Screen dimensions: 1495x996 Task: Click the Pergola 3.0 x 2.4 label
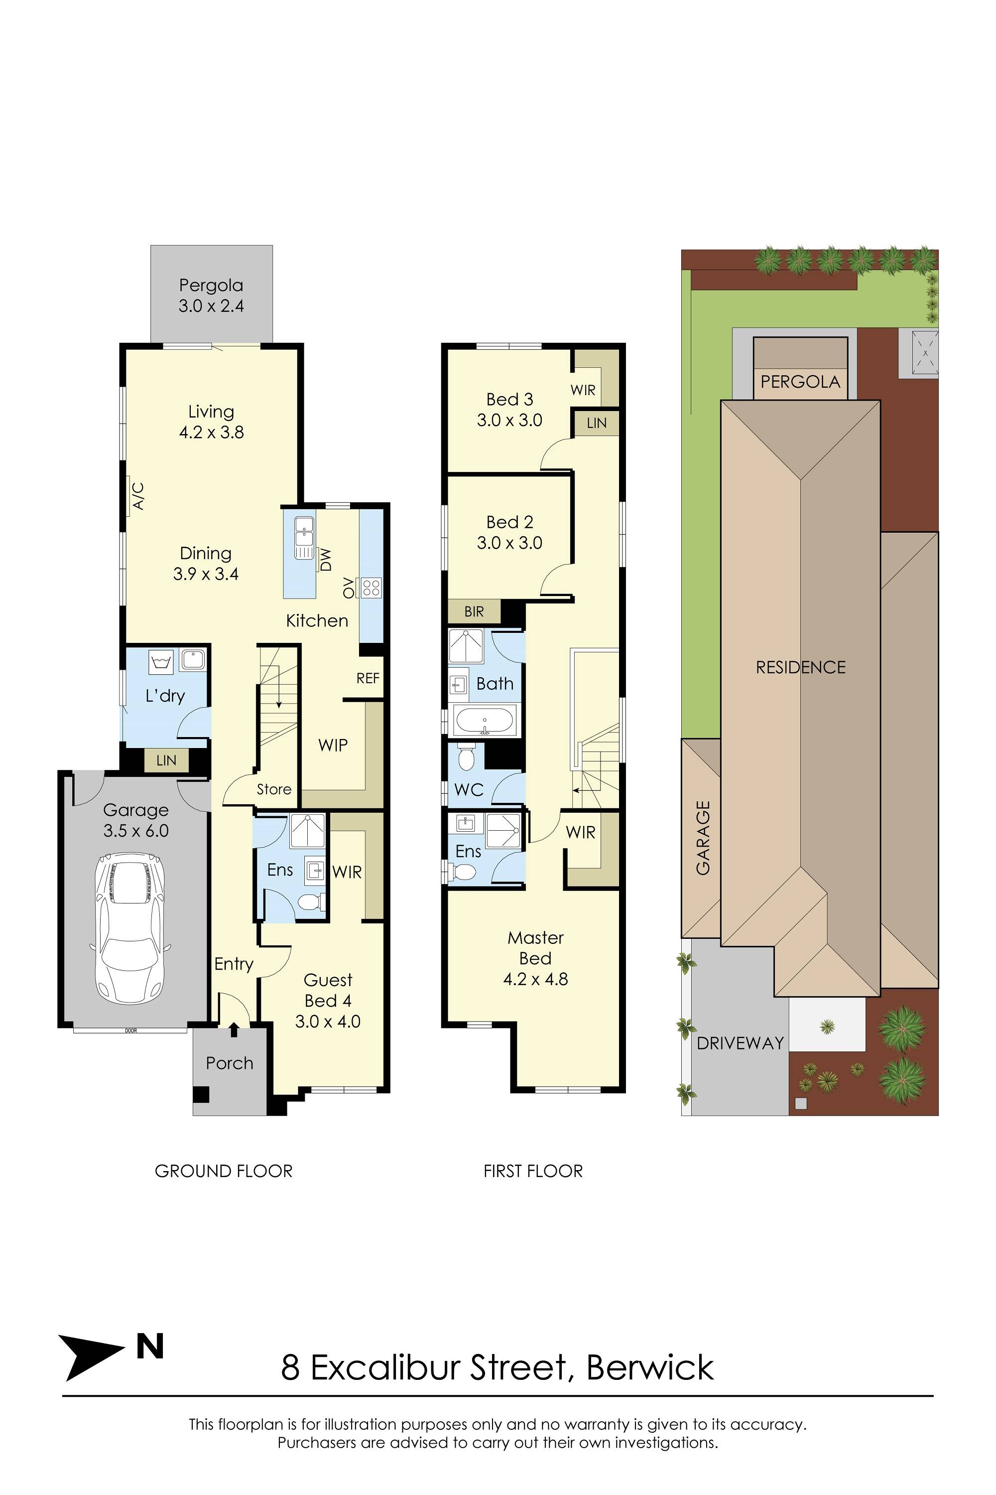(x=211, y=296)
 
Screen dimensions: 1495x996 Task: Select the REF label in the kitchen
(x=368, y=678)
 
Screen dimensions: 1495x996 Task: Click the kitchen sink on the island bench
(x=304, y=538)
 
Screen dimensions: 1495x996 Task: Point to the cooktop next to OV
(x=371, y=588)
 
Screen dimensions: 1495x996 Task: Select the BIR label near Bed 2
(x=474, y=611)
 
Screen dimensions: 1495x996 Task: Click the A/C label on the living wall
(x=138, y=496)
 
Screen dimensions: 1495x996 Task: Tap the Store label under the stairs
(x=274, y=789)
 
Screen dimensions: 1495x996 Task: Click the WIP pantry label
(x=333, y=745)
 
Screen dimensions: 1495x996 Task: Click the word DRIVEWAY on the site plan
(x=740, y=1043)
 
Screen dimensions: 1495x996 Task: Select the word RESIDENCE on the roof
(x=800, y=667)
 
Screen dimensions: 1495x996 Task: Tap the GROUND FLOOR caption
(x=224, y=1171)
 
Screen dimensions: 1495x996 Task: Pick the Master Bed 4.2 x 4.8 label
(x=535, y=958)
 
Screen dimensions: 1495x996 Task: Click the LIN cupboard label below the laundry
(x=166, y=760)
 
